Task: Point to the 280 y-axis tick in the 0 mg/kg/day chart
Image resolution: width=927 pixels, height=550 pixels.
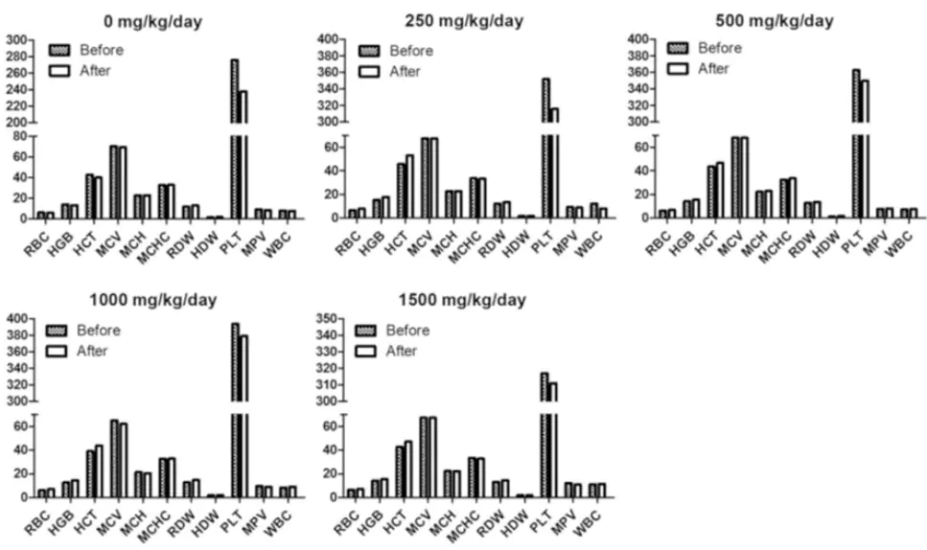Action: click(17, 56)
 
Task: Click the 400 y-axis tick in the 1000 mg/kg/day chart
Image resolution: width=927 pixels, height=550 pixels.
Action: click(17, 318)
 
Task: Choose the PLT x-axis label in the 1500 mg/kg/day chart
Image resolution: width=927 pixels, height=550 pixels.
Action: click(545, 513)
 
